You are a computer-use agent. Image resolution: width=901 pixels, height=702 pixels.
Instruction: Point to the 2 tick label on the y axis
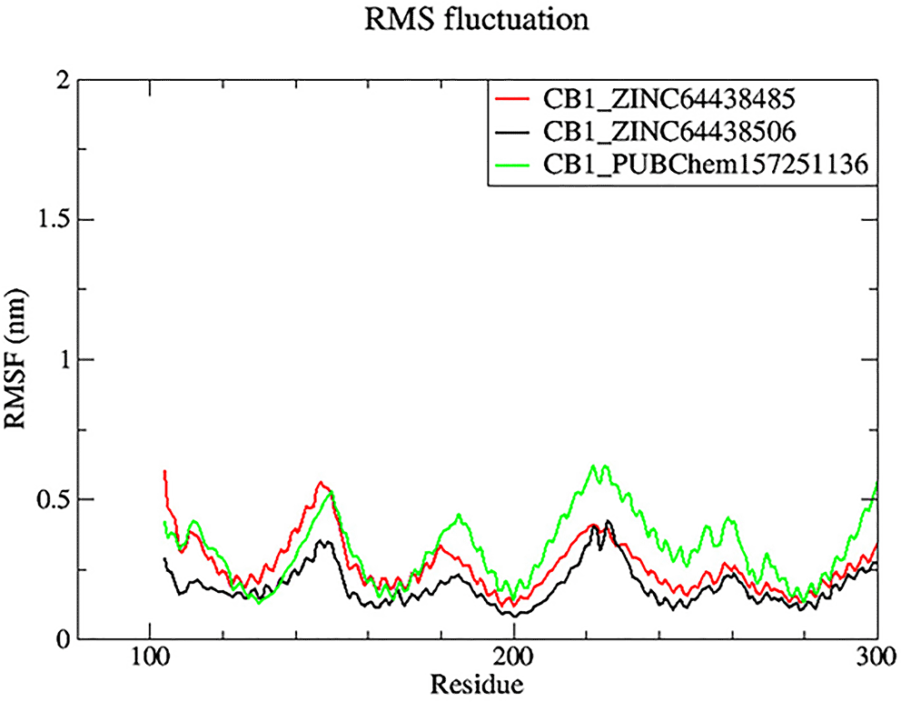click(61, 80)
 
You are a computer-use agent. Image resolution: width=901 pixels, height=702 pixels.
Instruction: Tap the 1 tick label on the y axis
click(61, 360)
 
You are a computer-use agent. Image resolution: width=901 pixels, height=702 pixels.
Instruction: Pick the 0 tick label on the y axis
click(61, 639)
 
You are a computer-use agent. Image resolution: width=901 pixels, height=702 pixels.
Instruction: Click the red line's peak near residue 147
click(321, 483)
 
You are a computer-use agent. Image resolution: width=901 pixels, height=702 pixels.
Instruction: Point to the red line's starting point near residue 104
click(164, 471)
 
